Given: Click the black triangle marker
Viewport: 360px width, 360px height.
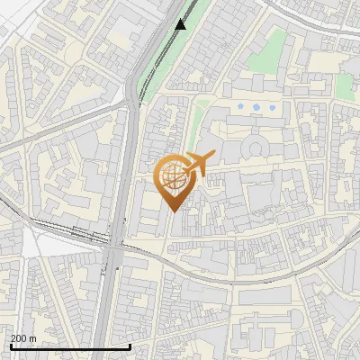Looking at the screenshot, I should [181, 24].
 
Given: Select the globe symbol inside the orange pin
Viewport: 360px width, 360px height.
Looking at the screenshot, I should [172, 175].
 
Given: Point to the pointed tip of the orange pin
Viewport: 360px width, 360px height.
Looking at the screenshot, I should [172, 211].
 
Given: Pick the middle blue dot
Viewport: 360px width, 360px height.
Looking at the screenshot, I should [256, 107].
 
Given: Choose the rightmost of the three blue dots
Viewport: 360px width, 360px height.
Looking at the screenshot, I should [271, 107].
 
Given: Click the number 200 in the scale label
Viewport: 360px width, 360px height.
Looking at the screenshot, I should [18, 338].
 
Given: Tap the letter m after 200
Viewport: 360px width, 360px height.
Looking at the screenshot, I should [32, 338].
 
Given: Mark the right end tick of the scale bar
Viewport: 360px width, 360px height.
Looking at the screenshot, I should [118, 346].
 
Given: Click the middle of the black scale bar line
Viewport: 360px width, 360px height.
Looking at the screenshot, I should [63, 347].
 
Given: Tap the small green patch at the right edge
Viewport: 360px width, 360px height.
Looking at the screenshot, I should [344, 86].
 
